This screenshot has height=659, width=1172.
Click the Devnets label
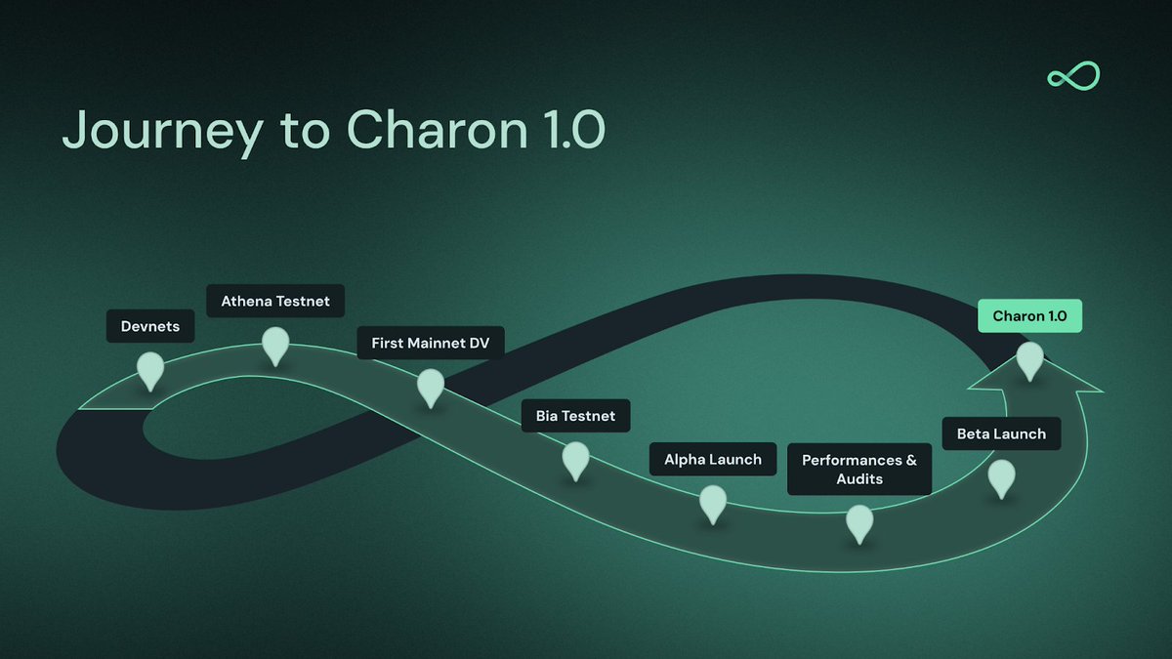point(150,326)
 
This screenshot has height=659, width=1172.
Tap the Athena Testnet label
point(275,302)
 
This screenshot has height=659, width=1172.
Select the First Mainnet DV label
point(431,344)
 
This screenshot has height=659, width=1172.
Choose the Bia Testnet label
point(575,416)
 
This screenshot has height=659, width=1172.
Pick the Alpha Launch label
point(713,459)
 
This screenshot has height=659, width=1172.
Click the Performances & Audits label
point(859,470)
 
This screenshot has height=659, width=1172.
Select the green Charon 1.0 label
point(1029,316)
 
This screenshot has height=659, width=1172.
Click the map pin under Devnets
point(150,369)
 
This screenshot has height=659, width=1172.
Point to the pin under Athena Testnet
point(275,345)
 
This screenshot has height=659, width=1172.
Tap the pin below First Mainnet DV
point(431,386)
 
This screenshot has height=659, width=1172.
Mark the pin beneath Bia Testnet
point(575,459)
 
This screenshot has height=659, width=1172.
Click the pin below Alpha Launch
point(713,502)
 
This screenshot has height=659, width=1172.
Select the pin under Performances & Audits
point(859,521)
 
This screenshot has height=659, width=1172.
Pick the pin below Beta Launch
point(1001,476)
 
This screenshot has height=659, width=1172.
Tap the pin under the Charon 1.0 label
point(1029,359)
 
